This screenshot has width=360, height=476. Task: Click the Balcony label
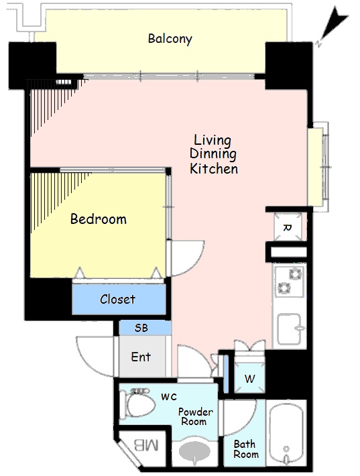click(170, 39)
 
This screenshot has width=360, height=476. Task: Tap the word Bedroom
click(99, 219)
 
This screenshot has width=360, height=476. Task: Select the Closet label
click(117, 299)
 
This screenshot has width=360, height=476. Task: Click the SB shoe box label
click(141, 328)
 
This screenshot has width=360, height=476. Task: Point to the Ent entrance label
click(141, 357)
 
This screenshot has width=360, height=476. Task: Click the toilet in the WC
click(137, 404)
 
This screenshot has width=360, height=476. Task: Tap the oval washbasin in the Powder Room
click(194, 451)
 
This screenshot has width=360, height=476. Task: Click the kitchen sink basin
click(290, 329)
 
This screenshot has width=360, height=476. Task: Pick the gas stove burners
click(290, 280)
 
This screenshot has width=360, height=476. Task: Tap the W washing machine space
click(250, 377)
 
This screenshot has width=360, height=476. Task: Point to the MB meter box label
click(146, 445)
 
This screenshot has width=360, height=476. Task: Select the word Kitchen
click(214, 169)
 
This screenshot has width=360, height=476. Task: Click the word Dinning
click(213, 154)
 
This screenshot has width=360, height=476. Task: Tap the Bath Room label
click(246, 449)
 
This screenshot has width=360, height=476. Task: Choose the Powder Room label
click(196, 417)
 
